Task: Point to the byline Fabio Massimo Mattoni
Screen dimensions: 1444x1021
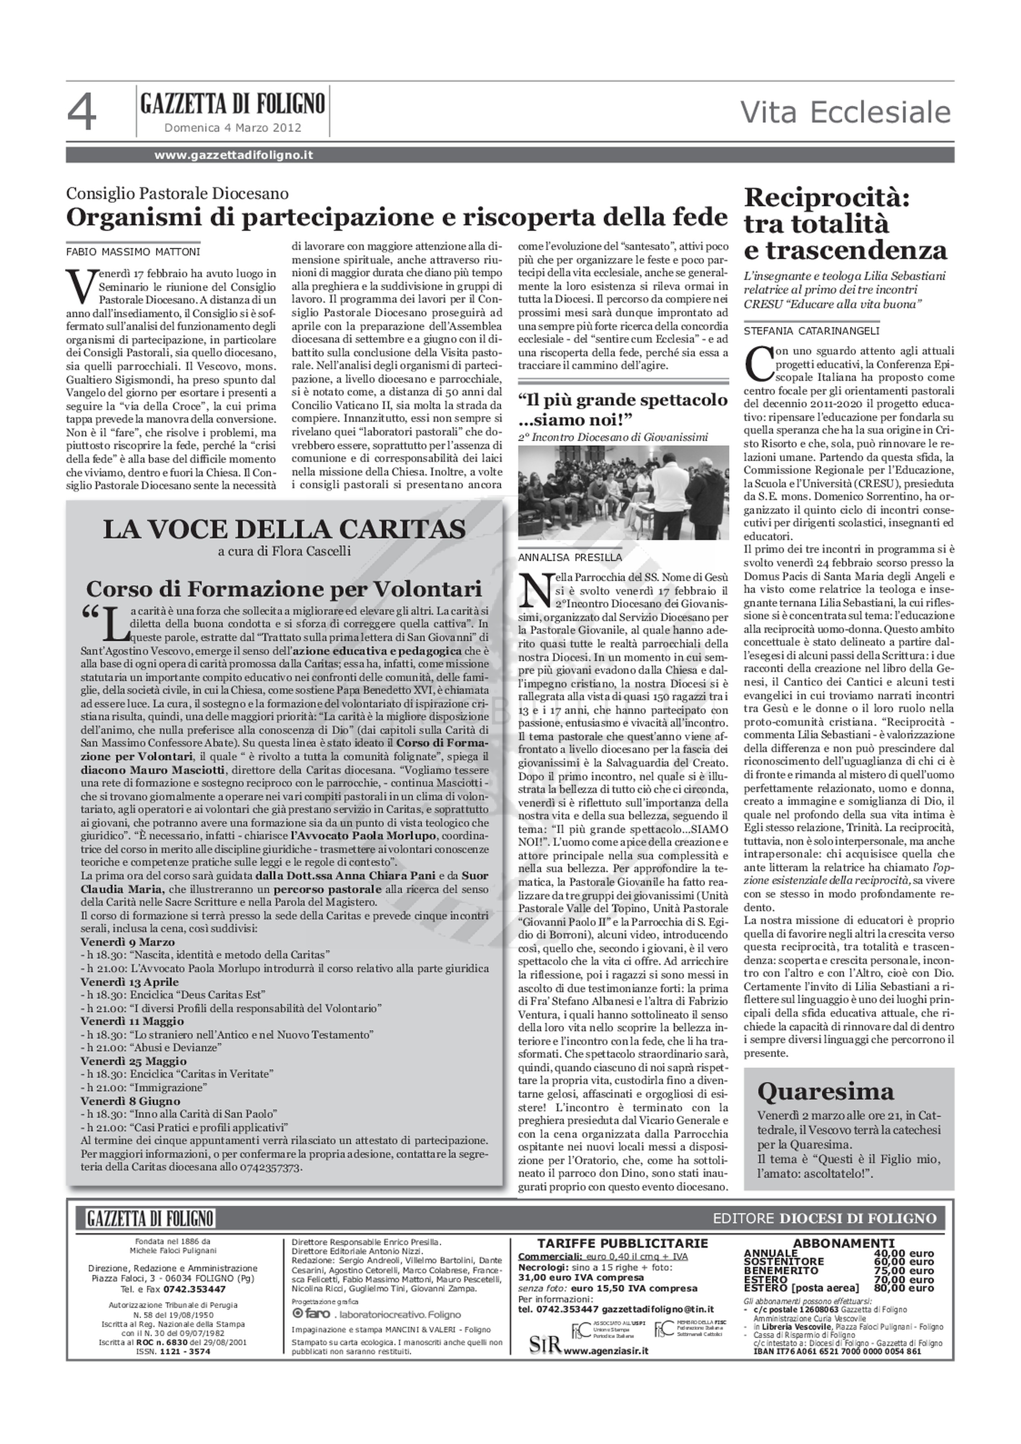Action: [x=133, y=252]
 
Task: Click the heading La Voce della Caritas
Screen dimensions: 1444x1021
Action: [x=284, y=529]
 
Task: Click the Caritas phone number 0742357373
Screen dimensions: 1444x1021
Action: [x=266, y=1167]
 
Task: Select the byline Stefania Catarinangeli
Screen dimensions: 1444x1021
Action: [x=811, y=331]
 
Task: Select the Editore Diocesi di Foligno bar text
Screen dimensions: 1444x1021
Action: [x=824, y=1218]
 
